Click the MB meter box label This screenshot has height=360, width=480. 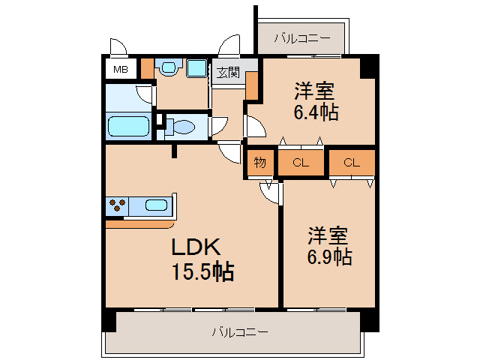click(x=120, y=70)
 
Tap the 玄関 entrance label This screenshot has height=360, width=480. click(x=228, y=73)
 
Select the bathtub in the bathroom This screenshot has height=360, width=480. click(x=129, y=125)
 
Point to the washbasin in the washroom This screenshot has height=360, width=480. click(x=168, y=69)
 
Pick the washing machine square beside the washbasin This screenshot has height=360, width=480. click(x=196, y=69)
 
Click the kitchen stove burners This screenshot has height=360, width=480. click(x=117, y=204)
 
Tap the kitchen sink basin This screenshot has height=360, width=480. click(x=156, y=205)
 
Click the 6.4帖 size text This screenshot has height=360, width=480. click(x=314, y=112)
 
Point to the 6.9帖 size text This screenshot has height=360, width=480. click(x=328, y=257)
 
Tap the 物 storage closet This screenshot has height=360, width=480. click(x=259, y=163)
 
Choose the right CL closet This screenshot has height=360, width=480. click(x=352, y=163)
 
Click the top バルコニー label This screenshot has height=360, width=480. click(x=301, y=36)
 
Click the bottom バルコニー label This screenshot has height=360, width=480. click(x=239, y=331)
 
